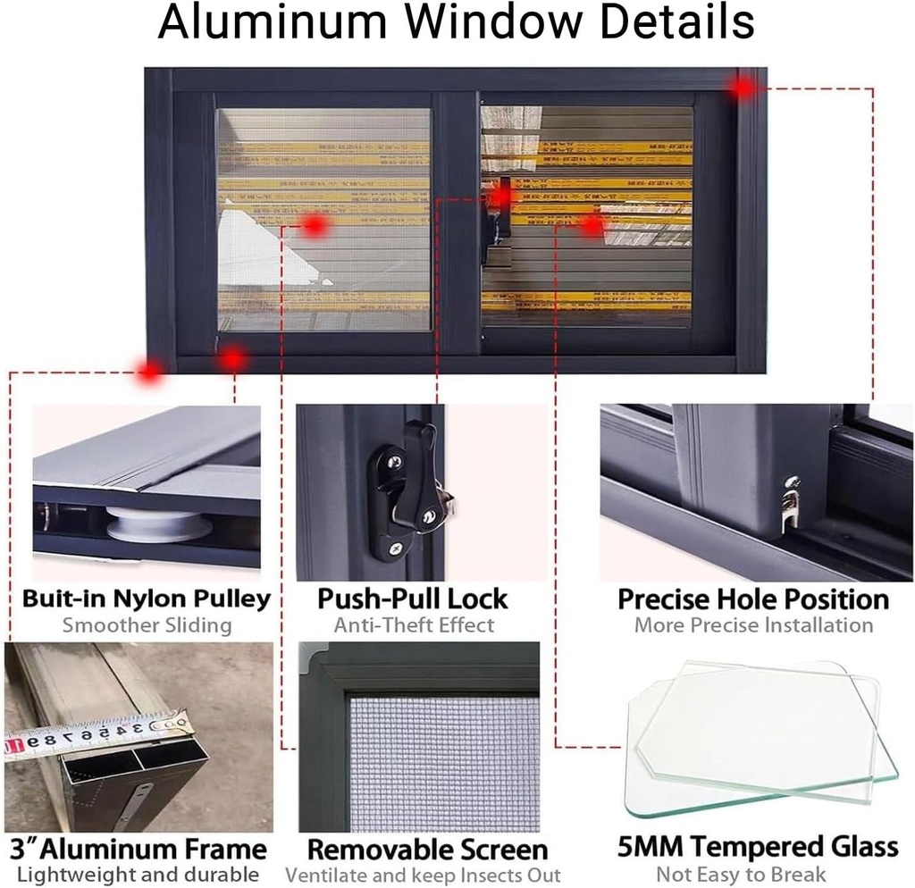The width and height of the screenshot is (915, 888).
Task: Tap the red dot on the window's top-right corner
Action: point(743,87)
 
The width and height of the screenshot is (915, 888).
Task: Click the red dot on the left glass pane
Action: point(314,226)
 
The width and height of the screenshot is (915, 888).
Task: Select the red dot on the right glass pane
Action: point(592,226)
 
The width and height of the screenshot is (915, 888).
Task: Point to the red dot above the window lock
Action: point(502,195)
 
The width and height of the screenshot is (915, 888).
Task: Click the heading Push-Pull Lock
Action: point(413,598)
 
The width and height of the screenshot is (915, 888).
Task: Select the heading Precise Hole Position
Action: point(753,599)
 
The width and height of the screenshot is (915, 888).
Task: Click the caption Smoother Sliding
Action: point(147,625)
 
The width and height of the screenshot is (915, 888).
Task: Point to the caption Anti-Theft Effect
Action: point(413,625)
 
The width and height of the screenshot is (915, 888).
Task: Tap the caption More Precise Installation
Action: point(753,625)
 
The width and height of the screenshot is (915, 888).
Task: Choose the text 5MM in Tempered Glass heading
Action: point(652,846)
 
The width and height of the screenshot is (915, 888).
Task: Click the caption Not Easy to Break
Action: point(742,875)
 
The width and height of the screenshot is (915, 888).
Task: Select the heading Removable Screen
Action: point(426,849)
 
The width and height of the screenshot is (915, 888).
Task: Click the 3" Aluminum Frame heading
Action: point(138,848)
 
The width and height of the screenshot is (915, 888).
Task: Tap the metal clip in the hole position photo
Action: point(789,505)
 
